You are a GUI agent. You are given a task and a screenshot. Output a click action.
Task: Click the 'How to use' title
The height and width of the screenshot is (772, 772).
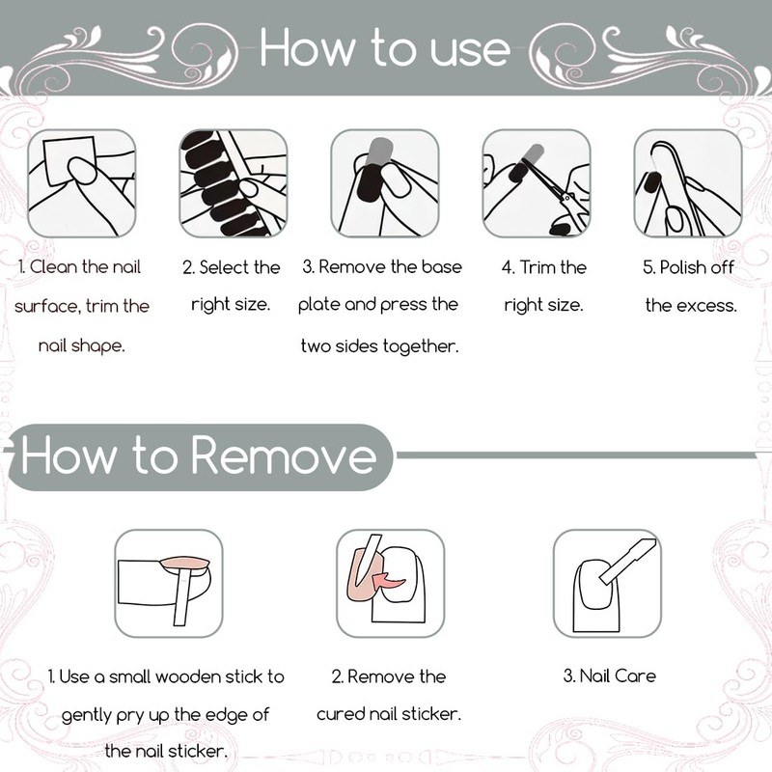(x=384, y=47)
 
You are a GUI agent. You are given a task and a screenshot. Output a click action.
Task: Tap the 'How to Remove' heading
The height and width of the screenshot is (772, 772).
(x=199, y=455)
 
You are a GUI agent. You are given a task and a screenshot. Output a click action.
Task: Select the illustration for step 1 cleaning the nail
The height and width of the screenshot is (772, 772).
(x=82, y=183)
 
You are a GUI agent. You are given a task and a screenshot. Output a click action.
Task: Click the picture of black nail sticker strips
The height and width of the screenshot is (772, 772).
(x=234, y=183)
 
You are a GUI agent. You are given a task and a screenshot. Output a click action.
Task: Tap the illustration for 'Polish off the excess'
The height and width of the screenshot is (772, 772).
(x=688, y=183)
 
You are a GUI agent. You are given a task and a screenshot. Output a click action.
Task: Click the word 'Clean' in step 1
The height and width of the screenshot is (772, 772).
(x=54, y=267)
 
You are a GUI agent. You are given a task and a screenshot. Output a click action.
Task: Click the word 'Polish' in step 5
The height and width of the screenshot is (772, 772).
(x=682, y=267)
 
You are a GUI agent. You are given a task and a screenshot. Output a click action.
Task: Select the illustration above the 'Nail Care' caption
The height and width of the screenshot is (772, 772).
(x=607, y=584)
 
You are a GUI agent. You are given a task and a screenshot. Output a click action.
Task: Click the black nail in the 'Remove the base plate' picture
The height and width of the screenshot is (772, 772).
(x=370, y=182)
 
